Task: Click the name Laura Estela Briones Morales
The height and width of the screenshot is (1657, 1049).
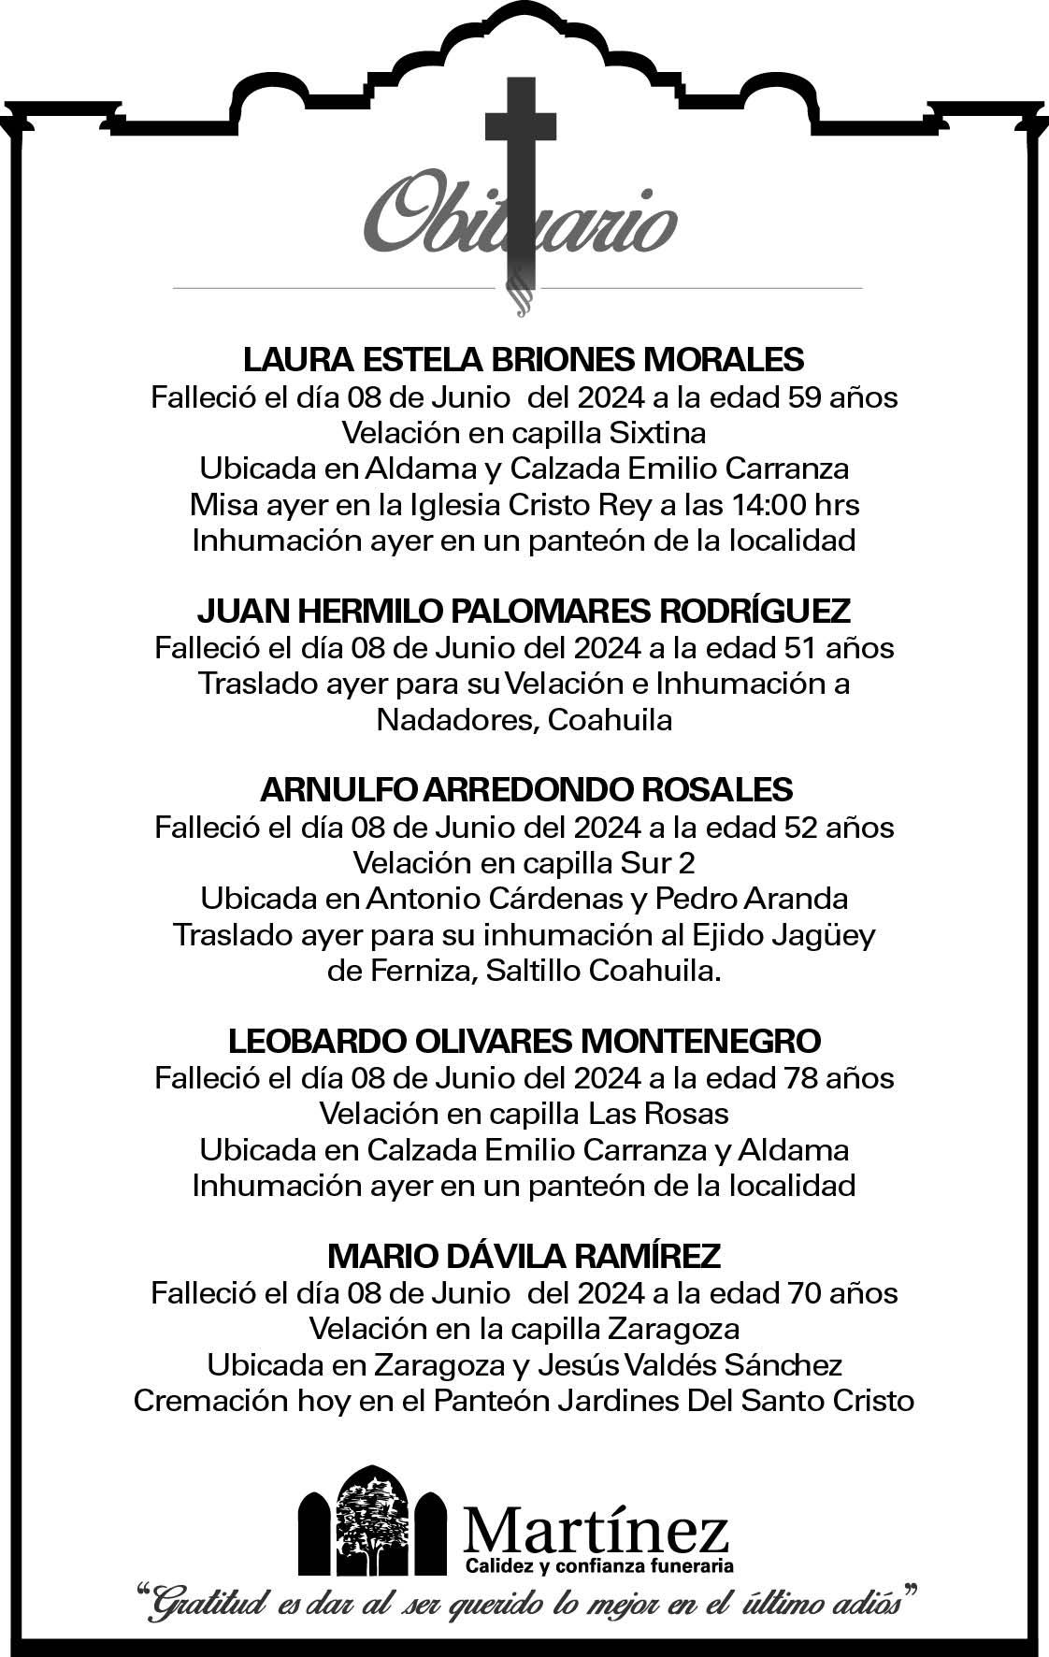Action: point(524,359)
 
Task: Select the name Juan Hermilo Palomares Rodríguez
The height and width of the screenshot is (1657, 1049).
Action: point(524,612)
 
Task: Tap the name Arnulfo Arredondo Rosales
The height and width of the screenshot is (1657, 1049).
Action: point(525,789)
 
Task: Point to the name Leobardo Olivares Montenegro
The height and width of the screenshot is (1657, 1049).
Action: point(524,1040)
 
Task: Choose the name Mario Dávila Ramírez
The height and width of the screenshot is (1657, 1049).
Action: point(524,1255)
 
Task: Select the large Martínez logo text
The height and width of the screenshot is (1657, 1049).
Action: point(596,1530)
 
